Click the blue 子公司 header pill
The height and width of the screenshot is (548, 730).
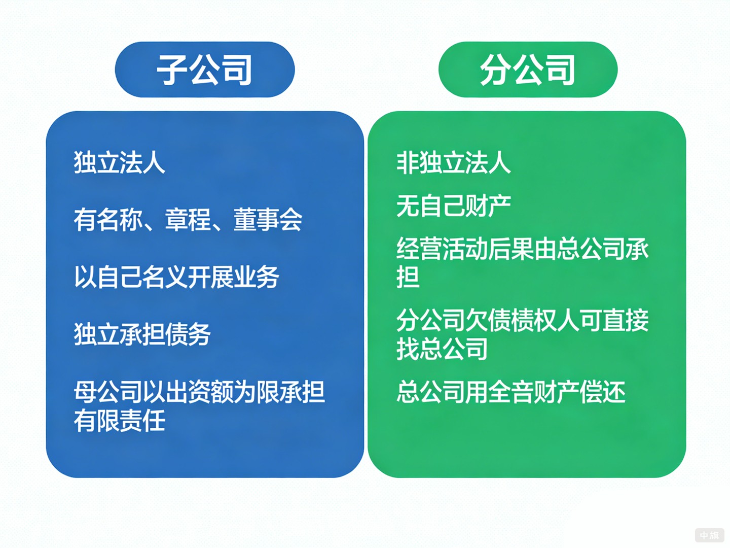[x=205, y=70]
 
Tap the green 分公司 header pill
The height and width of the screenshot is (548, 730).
[x=528, y=70]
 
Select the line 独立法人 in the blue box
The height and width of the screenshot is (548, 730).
[x=120, y=163]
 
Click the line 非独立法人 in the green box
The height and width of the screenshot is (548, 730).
[x=453, y=163]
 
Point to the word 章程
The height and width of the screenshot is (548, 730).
[x=188, y=220]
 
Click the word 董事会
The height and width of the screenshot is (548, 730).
[x=268, y=220]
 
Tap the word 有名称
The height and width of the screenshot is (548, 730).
[x=108, y=220]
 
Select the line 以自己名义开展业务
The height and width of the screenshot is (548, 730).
[x=176, y=277]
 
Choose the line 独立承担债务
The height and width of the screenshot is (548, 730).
[x=142, y=334]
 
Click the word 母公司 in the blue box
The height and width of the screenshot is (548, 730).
[x=108, y=392]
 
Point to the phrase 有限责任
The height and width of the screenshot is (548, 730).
[x=120, y=421]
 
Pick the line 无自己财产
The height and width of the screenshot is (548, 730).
[x=453, y=206]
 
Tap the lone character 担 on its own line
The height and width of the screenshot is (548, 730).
[x=408, y=278]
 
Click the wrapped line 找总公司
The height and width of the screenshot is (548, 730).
[x=442, y=349]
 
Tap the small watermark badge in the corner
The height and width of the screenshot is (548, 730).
[x=709, y=535]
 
